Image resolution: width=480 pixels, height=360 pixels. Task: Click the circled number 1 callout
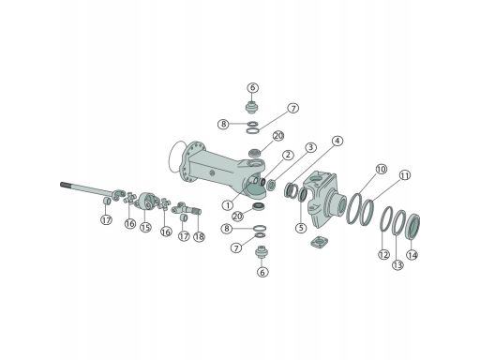(228, 205)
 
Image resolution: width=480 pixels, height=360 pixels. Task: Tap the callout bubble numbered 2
(288, 155)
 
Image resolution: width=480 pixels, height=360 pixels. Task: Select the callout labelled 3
(310, 147)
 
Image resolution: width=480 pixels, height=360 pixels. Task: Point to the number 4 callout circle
(337, 141)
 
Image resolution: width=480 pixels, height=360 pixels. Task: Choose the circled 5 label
(301, 228)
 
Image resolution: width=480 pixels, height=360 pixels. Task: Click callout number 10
(382, 170)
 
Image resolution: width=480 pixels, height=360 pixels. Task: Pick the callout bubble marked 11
(405, 175)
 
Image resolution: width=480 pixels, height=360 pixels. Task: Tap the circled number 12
(383, 254)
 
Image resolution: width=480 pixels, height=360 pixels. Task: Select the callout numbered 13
(397, 265)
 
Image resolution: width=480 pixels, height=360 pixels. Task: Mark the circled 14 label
(412, 255)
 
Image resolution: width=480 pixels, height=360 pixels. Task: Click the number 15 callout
(145, 227)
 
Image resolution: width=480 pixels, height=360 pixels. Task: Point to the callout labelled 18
(199, 236)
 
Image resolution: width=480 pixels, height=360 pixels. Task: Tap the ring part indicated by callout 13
(395, 222)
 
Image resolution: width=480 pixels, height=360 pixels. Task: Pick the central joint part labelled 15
(145, 202)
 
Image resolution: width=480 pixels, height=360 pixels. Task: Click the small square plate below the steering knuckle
(320, 242)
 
